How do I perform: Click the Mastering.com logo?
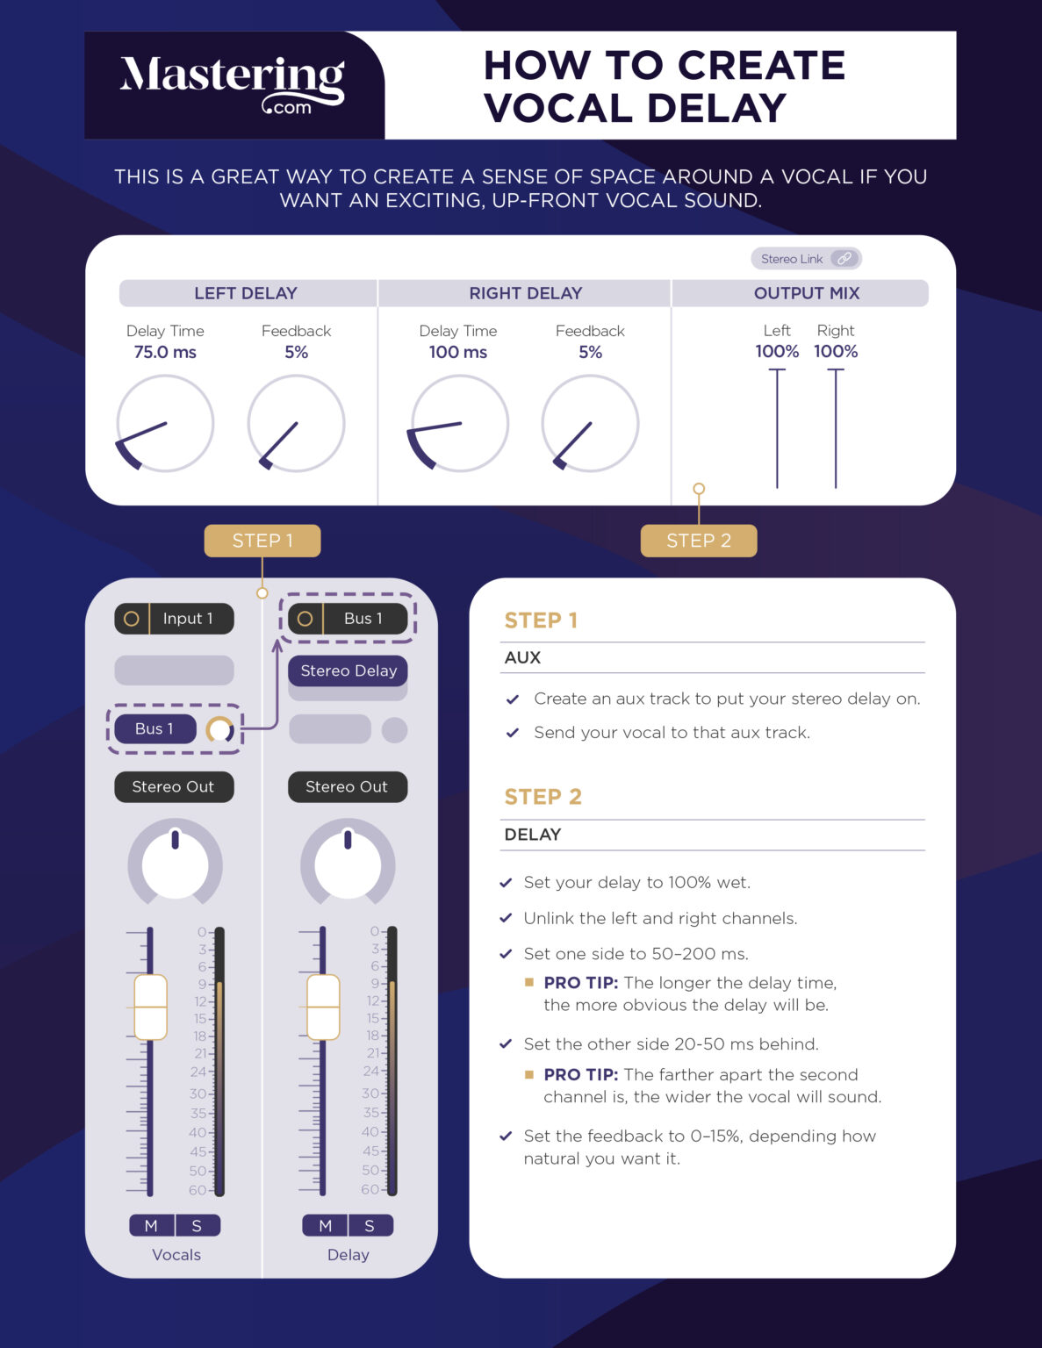tap(233, 84)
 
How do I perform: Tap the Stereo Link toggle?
tap(806, 259)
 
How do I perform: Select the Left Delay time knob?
tap(165, 424)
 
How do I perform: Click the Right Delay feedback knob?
tap(590, 424)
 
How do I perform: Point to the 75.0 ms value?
tap(165, 352)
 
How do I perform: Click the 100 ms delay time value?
tap(458, 352)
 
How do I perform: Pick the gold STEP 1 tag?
tap(262, 541)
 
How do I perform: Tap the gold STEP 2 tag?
tap(699, 541)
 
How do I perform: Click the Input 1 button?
tap(175, 619)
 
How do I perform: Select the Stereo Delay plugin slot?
tap(349, 670)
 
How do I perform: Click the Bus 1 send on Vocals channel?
tap(155, 728)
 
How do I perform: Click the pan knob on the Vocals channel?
tap(175, 864)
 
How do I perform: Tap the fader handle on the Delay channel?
tap(323, 1007)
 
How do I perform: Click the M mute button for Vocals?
tap(151, 1225)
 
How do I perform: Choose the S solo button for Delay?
tap(370, 1225)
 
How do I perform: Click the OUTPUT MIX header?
tap(806, 293)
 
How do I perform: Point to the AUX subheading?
tap(522, 657)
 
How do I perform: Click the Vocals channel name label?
tap(176, 1255)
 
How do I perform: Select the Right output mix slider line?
tap(836, 428)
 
